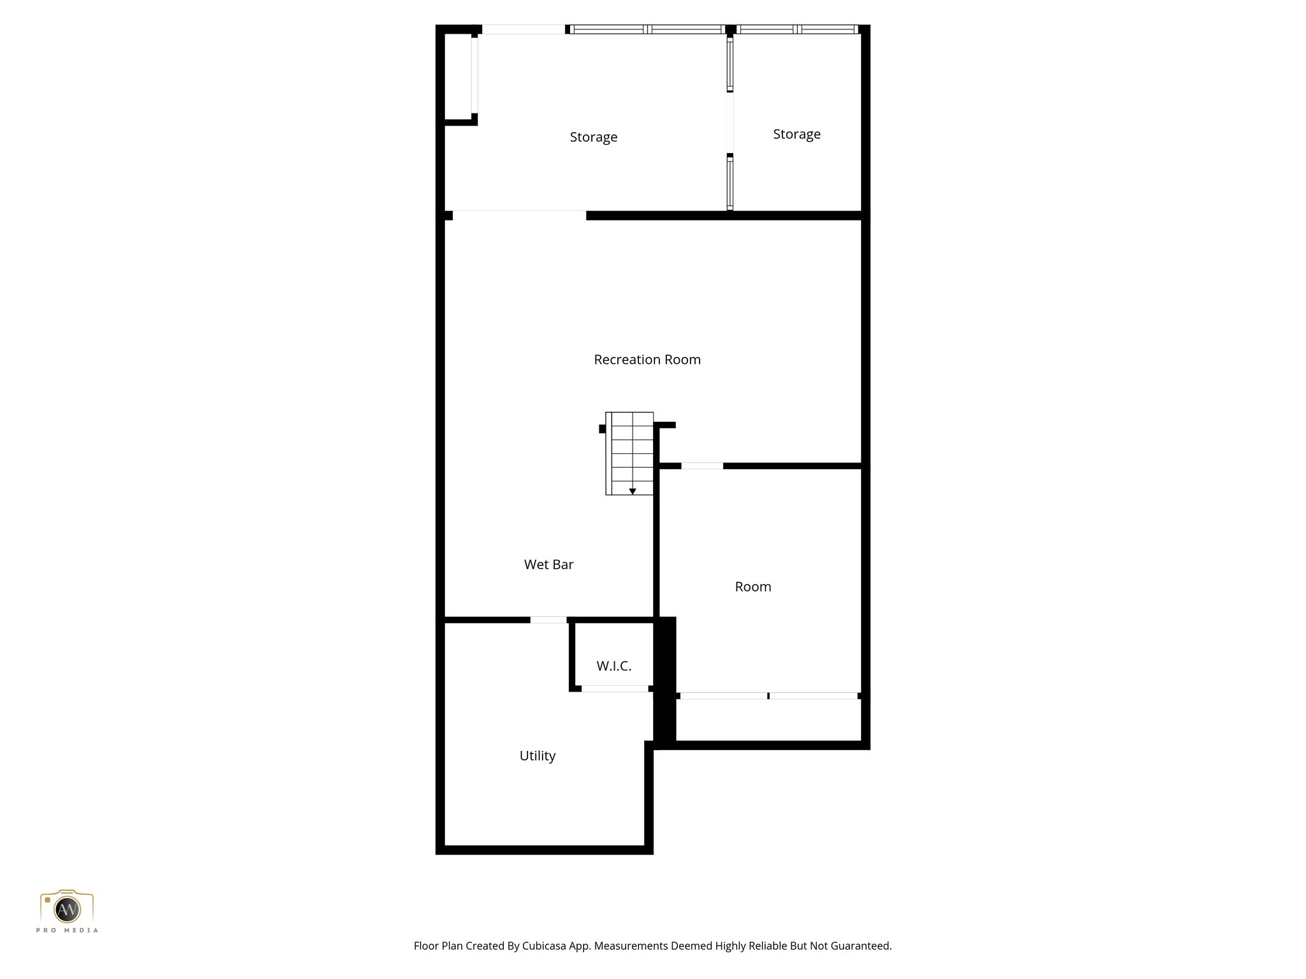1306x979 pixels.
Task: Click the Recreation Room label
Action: pos(647,359)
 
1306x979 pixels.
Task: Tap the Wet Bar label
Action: pos(548,564)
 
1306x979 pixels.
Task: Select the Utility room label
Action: pos(537,755)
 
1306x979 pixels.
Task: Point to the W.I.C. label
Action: pos(613,666)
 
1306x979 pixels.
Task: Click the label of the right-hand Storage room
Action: pos(796,134)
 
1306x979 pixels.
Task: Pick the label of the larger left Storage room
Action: pos(593,137)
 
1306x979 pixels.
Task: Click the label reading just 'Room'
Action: pos(752,586)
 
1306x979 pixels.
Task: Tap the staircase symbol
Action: pos(630,453)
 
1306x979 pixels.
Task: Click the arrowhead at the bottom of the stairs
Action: pos(633,491)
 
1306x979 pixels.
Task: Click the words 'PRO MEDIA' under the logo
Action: pos(67,931)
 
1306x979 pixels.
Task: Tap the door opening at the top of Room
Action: pos(702,466)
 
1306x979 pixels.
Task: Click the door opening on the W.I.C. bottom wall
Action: pos(615,688)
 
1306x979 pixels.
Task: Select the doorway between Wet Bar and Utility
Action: pos(548,620)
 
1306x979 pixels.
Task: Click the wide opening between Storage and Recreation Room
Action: pos(519,215)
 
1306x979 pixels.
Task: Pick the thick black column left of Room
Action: pos(666,679)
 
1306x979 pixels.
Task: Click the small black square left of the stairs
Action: pos(602,429)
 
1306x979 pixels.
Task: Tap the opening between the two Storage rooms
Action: pos(730,123)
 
